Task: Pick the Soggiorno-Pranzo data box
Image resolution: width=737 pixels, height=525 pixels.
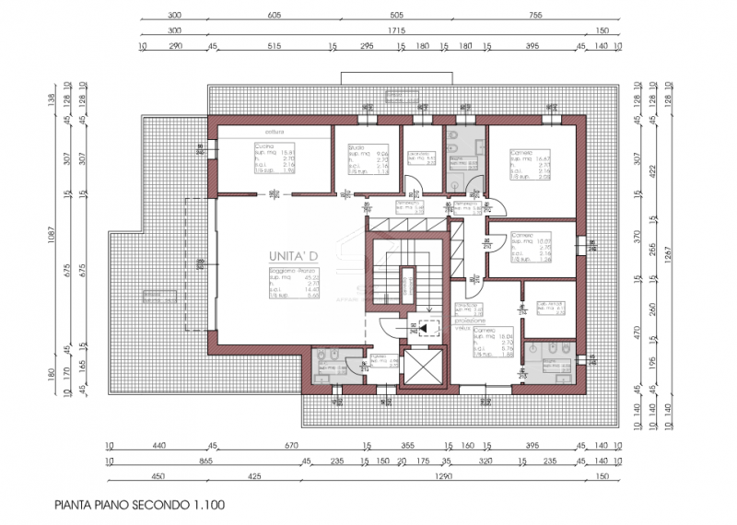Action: (x=294, y=284)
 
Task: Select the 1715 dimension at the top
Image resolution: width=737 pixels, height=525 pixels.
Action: (x=396, y=30)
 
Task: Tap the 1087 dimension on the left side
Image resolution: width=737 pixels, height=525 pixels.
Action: (x=53, y=247)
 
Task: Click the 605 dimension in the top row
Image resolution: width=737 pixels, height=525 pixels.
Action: (x=274, y=17)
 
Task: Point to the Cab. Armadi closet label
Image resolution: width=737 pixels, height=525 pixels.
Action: (x=550, y=307)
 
